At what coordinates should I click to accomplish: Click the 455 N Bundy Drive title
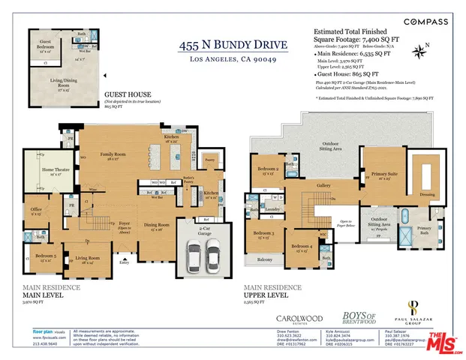pyautogui.click(x=227, y=46)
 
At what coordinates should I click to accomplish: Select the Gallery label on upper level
pyautogui.click(x=323, y=184)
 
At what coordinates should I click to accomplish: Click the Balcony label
pyautogui.click(x=264, y=259)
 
